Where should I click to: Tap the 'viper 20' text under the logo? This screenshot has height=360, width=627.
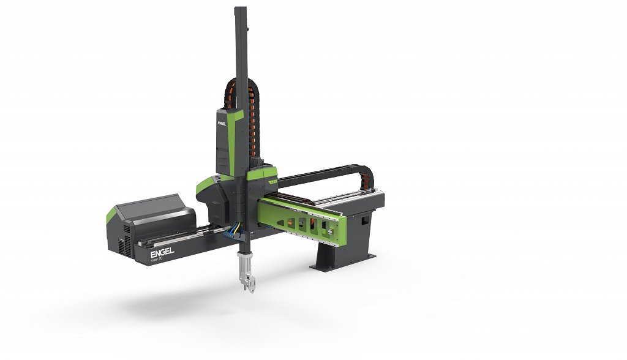click(x=160, y=260)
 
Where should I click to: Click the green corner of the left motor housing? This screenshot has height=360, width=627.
click(x=111, y=215)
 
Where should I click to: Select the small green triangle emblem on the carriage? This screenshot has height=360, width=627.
click(x=271, y=181)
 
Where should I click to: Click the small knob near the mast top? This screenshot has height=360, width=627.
click(x=247, y=29)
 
